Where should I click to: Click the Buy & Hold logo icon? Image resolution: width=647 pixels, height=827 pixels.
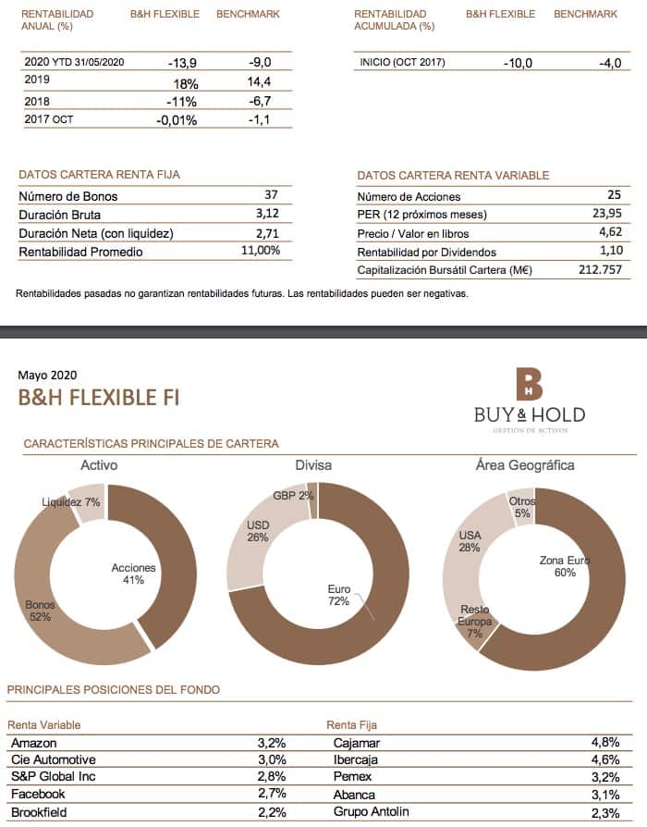click(x=530, y=383)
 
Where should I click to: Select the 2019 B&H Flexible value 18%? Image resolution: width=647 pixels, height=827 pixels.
click(x=185, y=82)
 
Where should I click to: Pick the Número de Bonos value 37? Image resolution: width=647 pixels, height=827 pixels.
click(x=271, y=195)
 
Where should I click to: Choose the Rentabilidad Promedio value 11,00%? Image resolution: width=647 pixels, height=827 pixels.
click(x=260, y=251)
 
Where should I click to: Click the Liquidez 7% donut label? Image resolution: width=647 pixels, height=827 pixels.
click(x=71, y=501)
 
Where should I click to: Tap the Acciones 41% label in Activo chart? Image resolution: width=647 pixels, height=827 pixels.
click(x=133, y=574)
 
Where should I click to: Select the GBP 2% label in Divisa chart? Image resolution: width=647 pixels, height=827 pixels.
click(x=293, y=495)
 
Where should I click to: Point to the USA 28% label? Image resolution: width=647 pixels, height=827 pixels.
click(x=470, y=541)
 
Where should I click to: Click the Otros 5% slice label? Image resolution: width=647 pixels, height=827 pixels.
click(x=522, y=507)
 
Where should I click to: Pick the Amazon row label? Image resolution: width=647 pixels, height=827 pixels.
click(x=34, y=742)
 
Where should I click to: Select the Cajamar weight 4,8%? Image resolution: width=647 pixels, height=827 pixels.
click(x=605, y=742)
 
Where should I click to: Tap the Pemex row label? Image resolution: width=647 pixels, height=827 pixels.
click(x=352, y=776)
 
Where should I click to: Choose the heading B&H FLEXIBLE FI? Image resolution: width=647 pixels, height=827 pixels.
click(x=99, y=398)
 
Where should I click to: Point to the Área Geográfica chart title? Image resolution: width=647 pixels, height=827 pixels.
click(x=524, y=464)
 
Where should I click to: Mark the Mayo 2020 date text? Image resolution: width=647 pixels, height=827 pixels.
click(x=47, y=375)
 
